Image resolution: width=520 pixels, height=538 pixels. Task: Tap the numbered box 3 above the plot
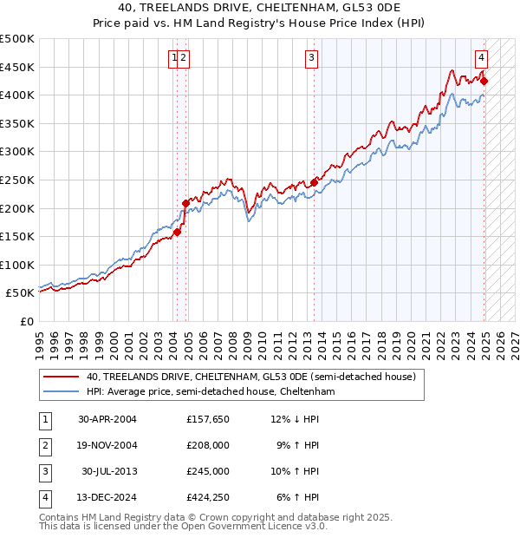pyautogui.click(x=311, y=59)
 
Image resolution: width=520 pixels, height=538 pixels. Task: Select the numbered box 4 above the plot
pyautogui.click(x=481, y=59)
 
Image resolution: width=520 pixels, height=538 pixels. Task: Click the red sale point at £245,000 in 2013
pyautogui.click(x=314, y=182)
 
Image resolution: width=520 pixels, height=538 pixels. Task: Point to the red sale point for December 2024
pyautogui.click(x=484, y=82)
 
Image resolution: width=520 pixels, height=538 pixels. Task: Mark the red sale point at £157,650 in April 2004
pyautogui.click(x=177, y=232)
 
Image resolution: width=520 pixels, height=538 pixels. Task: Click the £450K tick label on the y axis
pyautogui.click(x=18, y=67)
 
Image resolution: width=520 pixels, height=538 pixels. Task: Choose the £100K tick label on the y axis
pyautogui.click(x=18, y=265)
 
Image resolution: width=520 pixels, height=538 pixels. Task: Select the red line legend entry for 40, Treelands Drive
pyautogui.click(x=251, y=377)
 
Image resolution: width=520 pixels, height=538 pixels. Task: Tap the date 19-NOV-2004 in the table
pyautogui.click(x=107, y=446)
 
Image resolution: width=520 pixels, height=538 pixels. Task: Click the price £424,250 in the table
pyautogui.click(x=208, y=498)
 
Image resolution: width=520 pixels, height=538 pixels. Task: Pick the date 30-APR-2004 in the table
pyautogui.click(x=107, y=420)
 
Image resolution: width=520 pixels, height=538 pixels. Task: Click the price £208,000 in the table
pyautogui.click(x=208, y=446)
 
